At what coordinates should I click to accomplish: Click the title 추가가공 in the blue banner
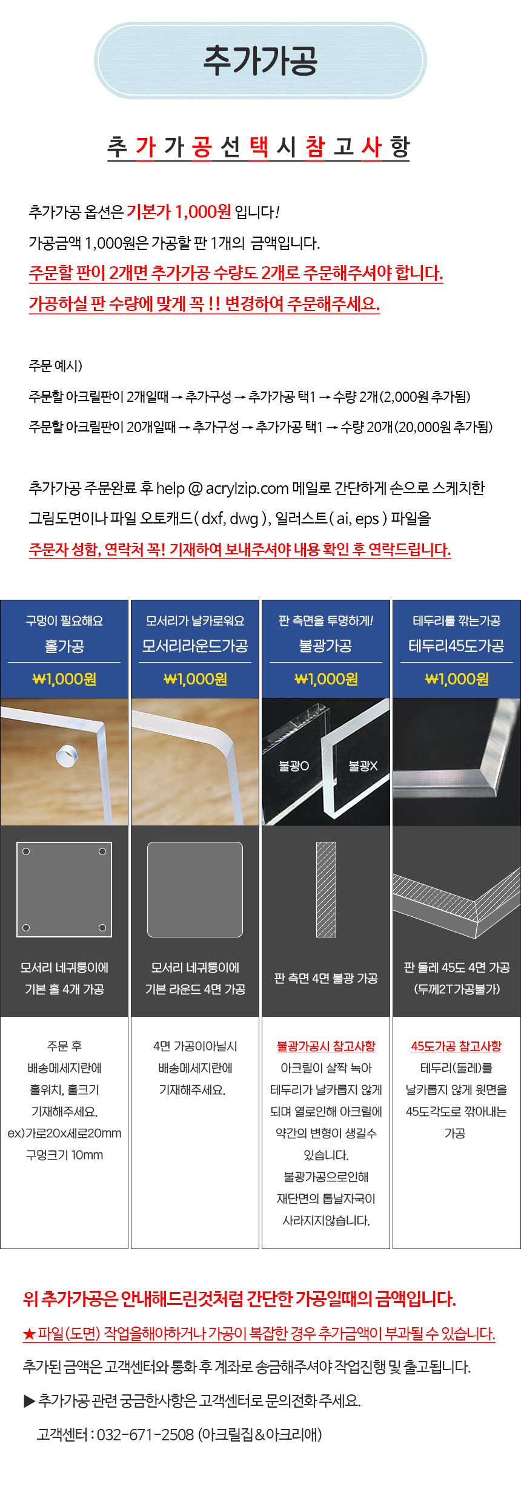pyautogui.click(x=260, y=61)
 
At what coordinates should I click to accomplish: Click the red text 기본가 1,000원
pyautogui.click(x=179, y=212)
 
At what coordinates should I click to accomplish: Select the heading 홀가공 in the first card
pyautogui.click(x=64, y=646)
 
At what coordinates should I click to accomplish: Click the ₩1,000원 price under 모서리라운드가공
pyautogui.click(x=195, y=679)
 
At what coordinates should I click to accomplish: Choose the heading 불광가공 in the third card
pyautogui.click(x=326, y=646)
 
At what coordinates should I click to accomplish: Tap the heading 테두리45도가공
pyautogui.click(x=457, y=646)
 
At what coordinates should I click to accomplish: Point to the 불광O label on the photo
pyautogui.click(x=294, y=766)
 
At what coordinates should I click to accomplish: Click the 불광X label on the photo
pyautogui.click(x=363, y=766)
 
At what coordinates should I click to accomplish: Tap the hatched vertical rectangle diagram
pyautogui.click(x=326, y=889)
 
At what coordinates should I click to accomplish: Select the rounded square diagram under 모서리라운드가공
pyautogui.click(x=195, y=889)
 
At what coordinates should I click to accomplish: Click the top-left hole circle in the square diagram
pyautogui.click(x=26, y=852)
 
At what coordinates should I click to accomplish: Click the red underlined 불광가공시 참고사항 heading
pyautogui.click(x=326, y=1046)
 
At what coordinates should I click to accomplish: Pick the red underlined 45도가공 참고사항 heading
pyautogui.click(x=457, y=1046)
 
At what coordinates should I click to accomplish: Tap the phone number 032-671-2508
pyautogui.click(x=145, y=1434)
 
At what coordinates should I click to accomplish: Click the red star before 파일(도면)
pyautogui.click(x=29, y=1333)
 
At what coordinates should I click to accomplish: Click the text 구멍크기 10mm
pyautogui.click(x=64, y=1155)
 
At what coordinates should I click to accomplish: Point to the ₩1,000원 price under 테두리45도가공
pyautogui.click(x=457, y=679)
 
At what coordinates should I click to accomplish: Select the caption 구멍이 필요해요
pyautogui.click(x=64, y=621)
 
